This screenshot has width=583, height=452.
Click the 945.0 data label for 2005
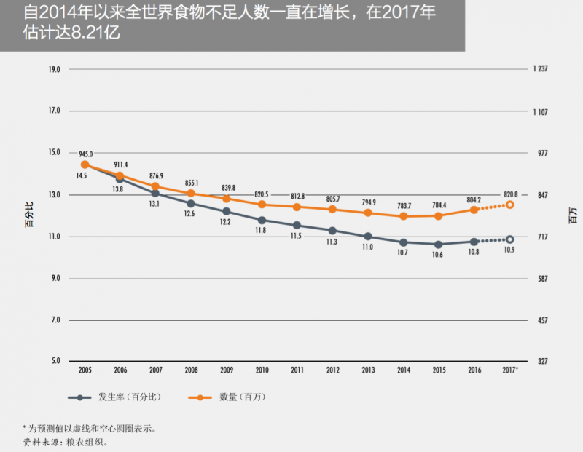point(85,154)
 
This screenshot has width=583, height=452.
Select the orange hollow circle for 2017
point(510,205)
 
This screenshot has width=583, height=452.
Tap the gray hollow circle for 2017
point(510,239)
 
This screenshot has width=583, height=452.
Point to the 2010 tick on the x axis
point(262,370)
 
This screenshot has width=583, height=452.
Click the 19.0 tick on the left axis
point(54,70)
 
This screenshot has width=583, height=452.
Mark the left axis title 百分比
point(28,216)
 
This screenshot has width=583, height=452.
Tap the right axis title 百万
point(573,216)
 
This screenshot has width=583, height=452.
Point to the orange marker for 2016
point(474,210)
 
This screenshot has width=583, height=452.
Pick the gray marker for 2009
point(227,211)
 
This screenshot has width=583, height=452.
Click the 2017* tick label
point(510,370)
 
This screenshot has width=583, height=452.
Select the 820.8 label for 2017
point(510,194)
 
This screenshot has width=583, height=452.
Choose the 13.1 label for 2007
point(155,205)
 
